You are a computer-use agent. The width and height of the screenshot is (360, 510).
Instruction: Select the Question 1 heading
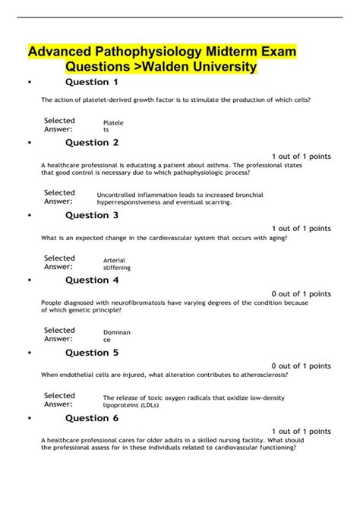[92, 82]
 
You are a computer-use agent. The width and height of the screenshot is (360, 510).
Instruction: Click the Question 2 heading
[92, 142]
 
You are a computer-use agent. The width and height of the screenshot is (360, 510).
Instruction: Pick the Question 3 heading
[92, 215]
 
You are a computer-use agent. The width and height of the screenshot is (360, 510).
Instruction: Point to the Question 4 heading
[92, 280]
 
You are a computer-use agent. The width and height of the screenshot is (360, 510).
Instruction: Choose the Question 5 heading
[92, 353]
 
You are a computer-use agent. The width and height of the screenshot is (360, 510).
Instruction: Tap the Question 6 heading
[92, 418]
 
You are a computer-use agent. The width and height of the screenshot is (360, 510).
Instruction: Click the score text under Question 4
[301, 294]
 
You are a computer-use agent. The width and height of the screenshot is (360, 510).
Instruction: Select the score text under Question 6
[301, 432]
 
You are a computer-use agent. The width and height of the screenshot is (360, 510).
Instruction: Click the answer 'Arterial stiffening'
[117, 263]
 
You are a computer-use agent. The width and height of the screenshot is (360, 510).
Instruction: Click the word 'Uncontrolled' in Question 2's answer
[119, 195]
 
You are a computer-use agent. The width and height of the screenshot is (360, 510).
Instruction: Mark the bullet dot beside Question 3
[28, 216]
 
